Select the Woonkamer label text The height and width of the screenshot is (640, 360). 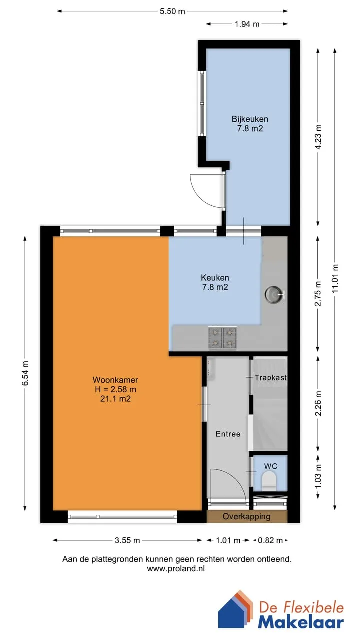115,380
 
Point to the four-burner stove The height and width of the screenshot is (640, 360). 223,338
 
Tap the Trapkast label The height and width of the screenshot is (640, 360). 271,378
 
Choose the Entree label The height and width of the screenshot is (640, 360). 228,434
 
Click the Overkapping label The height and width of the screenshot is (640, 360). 247,516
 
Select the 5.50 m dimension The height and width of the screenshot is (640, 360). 172,11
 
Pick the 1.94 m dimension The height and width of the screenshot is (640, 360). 247,24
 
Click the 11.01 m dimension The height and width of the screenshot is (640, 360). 335,278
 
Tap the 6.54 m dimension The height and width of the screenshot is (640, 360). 25,373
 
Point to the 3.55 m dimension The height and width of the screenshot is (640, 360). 127,540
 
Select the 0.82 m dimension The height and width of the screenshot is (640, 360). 270,540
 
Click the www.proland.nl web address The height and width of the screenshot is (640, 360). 176,568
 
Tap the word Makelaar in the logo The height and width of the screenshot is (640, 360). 301,622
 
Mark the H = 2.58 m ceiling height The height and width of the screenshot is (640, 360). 115,389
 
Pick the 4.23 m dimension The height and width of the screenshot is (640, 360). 318,137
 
